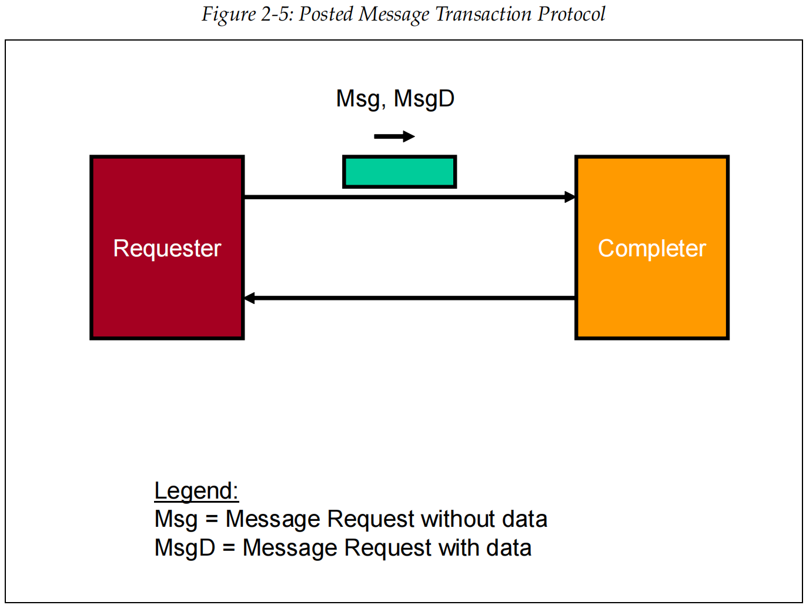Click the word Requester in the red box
[167, 249]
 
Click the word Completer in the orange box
[652, 249]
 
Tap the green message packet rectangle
[400, 172]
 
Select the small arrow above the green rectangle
[394, 136]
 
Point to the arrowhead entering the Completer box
[570, 197]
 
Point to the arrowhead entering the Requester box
[249, 298]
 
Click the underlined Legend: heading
[196, 491]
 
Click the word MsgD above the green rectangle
[424, 98]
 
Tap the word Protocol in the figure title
[571, 14]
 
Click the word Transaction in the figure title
[483, 14]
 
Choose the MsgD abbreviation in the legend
[185, 548]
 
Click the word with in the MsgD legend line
[459, 548]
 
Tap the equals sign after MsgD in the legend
[229, 549]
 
